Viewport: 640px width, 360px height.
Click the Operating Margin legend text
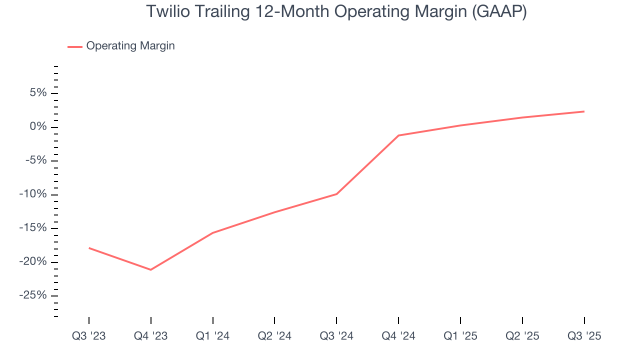pyautogui.click(x=130, y=46)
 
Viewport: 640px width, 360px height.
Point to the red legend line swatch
pyautogui.click(x=75, y=46)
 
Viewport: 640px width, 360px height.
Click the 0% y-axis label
pyautogui.click(x=38, y=127)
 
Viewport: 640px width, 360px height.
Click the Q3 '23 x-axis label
pyautogui.click(x=89, y=336)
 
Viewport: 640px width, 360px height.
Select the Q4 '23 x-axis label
pyautogui.click(x=151, y=336)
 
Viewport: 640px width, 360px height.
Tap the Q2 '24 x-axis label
pyautogui.click(x=274, y=336)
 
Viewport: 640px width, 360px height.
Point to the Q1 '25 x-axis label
pyautogui.click(x=460, y=336)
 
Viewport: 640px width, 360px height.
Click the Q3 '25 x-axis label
pyautogui.click(x=584, y=336)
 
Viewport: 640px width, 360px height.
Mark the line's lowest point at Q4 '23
pyautogui.click(x=151, y=269)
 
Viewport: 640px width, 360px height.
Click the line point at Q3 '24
pyautogui.click(x=336, y=194)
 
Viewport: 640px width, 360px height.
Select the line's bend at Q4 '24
pyautogui.click(x=398, y=135)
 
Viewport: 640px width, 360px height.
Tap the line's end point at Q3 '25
pyautogui.click(x=584, y=111)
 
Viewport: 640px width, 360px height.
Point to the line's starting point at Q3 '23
pyautogui.click(x=89, y=248)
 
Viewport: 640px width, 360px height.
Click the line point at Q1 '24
pyautogui.click(x=213, y=233)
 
